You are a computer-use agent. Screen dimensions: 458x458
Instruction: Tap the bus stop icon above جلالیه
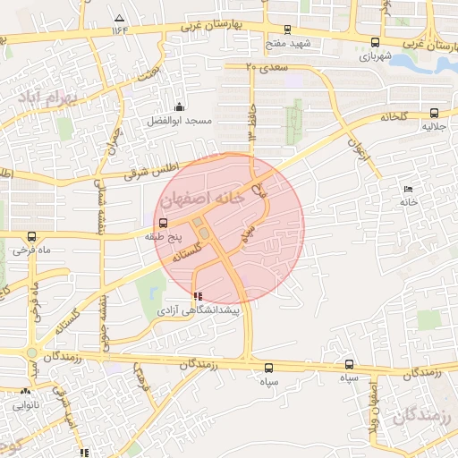pos(435,113)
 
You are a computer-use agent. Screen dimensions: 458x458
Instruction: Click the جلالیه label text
pos(436,126)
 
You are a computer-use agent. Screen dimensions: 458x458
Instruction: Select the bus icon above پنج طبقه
pos(163,224)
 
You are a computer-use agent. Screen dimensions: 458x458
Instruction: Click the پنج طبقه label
pos(164,238)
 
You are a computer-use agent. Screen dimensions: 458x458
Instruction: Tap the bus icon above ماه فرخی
pos(32,237)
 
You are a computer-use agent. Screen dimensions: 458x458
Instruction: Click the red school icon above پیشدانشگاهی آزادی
pos(198,295)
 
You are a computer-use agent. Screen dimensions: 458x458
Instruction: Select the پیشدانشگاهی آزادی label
pos(199,310)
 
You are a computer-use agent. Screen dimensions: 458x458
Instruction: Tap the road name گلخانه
pos(394,116)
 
